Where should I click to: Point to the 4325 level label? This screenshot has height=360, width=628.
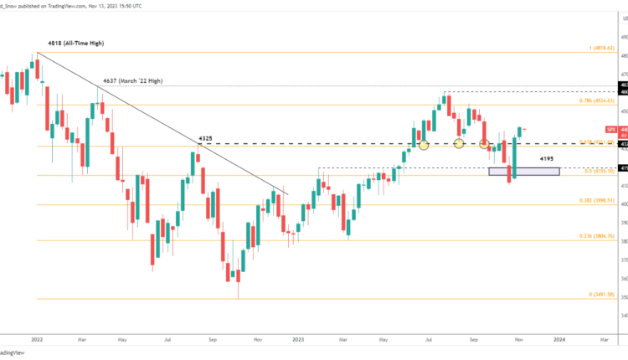click(x=211, y=137)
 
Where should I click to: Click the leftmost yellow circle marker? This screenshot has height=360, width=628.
click(x=424, y=145)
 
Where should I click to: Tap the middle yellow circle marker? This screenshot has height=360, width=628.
click(x=459, y=144)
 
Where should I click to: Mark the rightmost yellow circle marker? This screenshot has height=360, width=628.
click(x=485, y=145)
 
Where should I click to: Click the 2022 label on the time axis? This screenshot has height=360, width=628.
click(x=36, y=341)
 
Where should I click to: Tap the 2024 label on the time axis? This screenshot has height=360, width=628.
click(x=558, y=341)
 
